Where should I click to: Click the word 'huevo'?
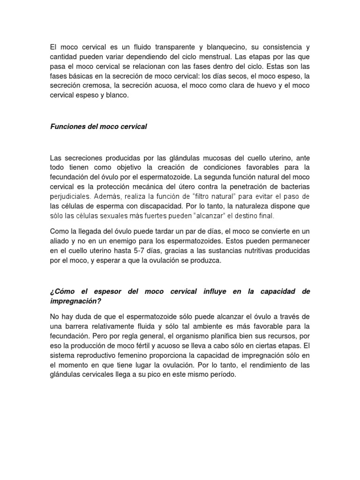pyautogui.click(x=264, y=85)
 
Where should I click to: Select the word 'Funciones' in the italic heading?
pyautogui.click(x=66, y=127)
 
